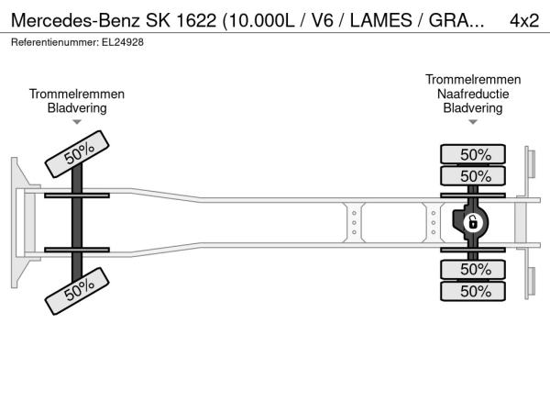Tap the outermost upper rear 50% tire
click(x=475, y=154)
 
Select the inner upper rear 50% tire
click(x=475, y=175)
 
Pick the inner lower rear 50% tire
click(x=475, y=269)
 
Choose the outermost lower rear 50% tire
click(x=475, y=291)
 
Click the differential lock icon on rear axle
click(x=473, y=222)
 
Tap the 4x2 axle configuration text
click(x=524, y=20)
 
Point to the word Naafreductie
click(x=473, y=94)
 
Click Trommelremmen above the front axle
click(x=77, y=94)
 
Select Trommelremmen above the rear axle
click(x=473, y=80)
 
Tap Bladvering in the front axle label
click(x=77, y=107)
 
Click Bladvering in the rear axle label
click(x=473, y=107)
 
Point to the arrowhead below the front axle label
click(x=77, y=121)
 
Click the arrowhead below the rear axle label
click(x=473, y=121)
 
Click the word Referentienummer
click(x=50, y=42)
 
